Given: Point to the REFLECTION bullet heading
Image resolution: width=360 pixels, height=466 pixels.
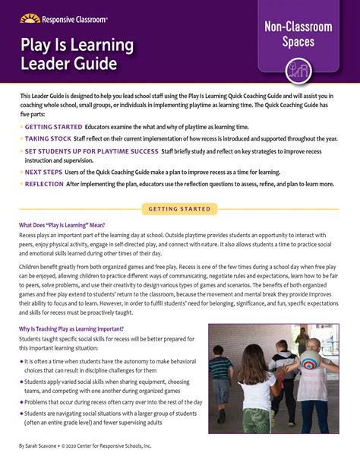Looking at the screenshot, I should click(x=44, y=185).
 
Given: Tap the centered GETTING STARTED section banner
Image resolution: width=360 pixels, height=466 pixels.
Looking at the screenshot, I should click(x=179, y=208).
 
